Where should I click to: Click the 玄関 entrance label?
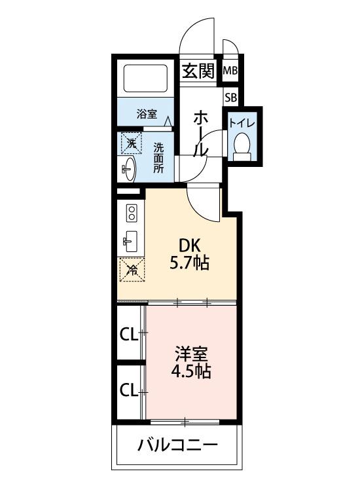(198, 71)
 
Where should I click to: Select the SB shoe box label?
(230, 98)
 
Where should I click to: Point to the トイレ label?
(242, 123)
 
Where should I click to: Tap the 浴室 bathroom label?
(147, 113)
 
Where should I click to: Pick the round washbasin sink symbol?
(128, 168)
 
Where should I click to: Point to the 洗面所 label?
(158, 157)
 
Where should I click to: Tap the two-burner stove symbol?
(131, 213)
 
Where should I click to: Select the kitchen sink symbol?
(130, 242)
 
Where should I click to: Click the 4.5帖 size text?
(190, 372)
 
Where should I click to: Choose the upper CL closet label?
(128, 335)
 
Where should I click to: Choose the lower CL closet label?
(128, 391)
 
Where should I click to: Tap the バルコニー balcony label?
(177, 446)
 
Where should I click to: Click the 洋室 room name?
(190, 354)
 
